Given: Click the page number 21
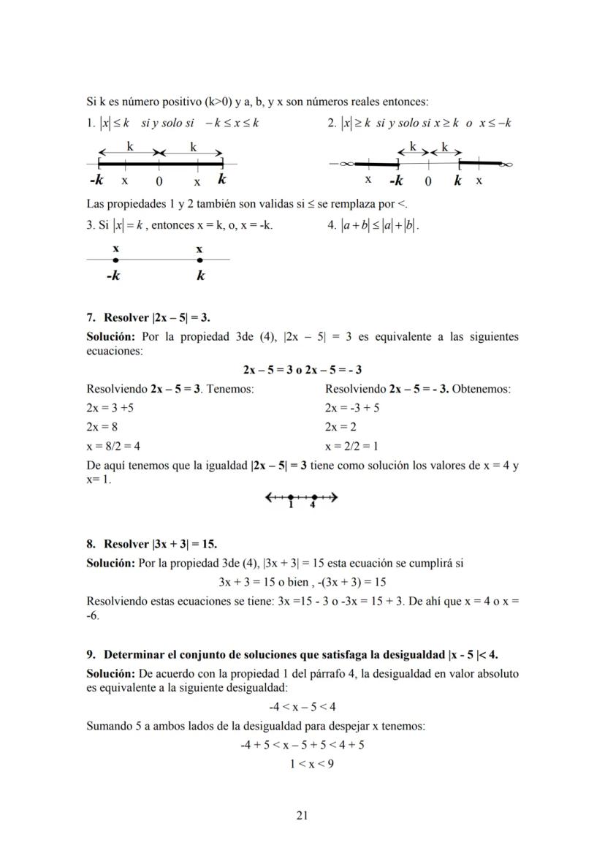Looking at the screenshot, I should coord(302,815).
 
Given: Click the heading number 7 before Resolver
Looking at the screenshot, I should coord(91,318).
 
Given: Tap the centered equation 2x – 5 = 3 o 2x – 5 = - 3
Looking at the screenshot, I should coord(302,370).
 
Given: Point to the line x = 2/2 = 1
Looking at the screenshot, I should coord(351,446).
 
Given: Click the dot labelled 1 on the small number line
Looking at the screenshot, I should coord(291,498).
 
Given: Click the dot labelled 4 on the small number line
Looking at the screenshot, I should coord(313,498).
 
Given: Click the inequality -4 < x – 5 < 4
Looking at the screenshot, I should coord(302,707).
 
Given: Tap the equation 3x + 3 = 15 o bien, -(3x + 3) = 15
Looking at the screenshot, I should coord(302,583).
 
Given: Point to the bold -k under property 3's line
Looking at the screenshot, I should coord(113,276).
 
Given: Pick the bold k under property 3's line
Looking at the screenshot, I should coord(200,276).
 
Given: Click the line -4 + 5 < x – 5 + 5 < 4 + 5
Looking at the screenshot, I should coord(302,746).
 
